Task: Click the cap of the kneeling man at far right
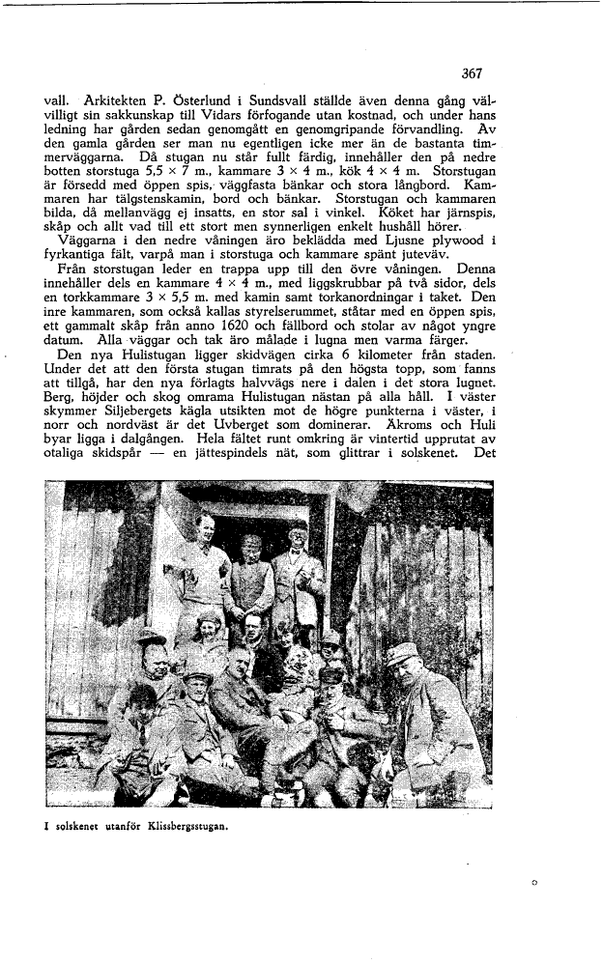pos(401,652)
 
